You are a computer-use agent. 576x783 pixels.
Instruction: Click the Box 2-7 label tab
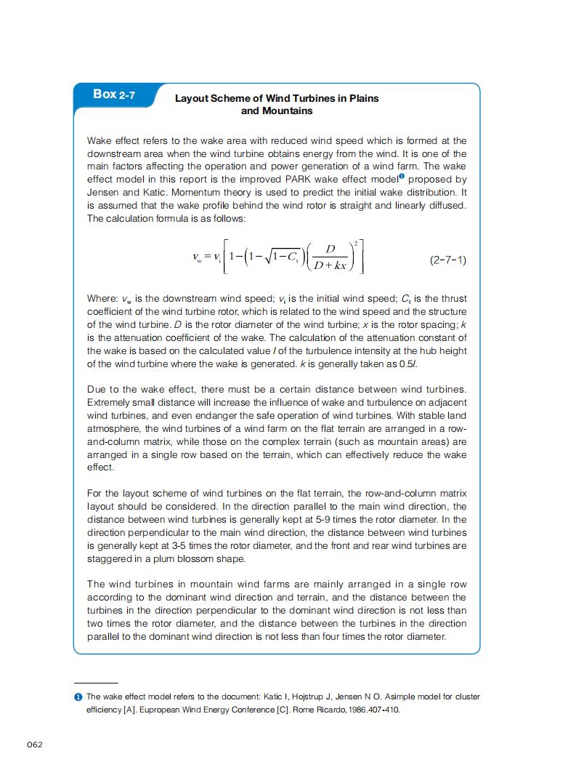[114, 95]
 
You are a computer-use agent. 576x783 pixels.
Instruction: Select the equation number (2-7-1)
[448, 260]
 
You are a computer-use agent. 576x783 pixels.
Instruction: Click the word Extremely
[110, 403]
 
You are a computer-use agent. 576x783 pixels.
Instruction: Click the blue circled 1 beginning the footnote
[78, 696]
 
